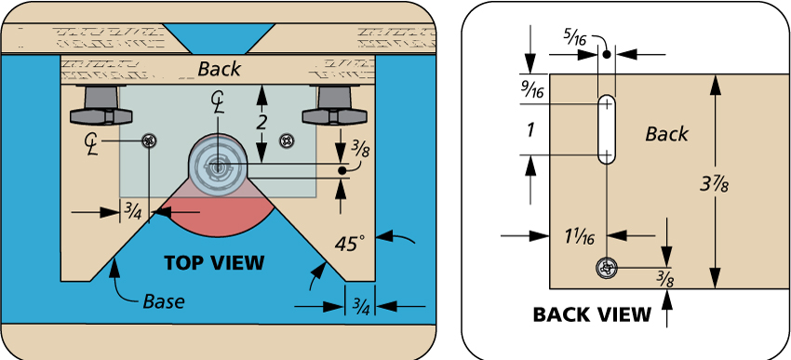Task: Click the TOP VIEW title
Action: tap(214, 262)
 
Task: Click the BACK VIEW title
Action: tap(592, 314)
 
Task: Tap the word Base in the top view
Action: tap(164, 301)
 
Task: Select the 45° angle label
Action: tap(349, 244)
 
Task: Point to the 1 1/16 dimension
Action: tap(579, 235)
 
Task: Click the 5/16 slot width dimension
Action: tap(575, 39)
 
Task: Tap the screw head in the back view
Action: tap(607, 267)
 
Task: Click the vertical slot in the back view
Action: tap(607, 128)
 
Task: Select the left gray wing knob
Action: tap(101, 107)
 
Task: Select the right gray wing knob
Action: tap(333, 107)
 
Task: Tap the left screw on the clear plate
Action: tap(149, 140)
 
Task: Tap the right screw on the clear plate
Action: tap(288, 140)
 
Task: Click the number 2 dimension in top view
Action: tap(261, 123)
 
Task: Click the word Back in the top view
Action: tap(219, 69)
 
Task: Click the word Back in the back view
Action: tap(666, 134)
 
